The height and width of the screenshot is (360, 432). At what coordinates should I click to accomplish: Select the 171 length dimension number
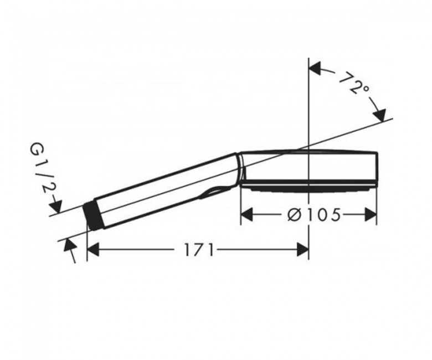(x=199, y=250)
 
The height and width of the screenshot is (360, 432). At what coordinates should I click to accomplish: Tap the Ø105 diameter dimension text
(x=314, y=214)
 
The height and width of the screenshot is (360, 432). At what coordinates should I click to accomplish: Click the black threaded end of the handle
(x=93, y=214)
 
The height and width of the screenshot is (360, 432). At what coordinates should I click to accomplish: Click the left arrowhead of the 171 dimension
(x=93, y=250)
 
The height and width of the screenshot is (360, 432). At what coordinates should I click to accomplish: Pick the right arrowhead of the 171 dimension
(x=303, y=250)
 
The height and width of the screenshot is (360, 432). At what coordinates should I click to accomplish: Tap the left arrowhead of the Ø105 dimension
(x=247, y=214)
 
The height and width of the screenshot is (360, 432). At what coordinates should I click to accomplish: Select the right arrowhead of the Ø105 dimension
(x=371, y=214)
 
